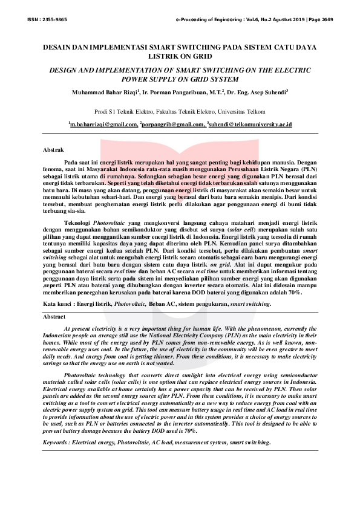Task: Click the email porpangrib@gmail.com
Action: (173, 124)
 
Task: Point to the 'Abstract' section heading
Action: (54, 316)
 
